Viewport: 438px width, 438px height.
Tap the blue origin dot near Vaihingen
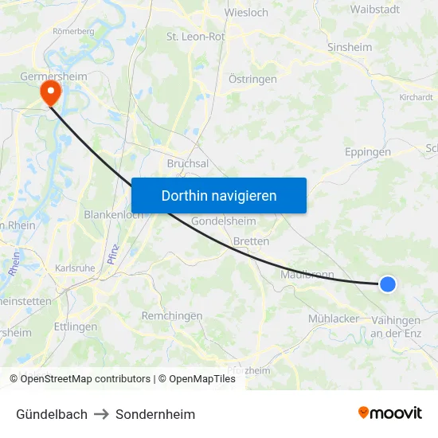[x=387, y=284]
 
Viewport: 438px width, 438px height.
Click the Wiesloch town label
[x=246, y=13]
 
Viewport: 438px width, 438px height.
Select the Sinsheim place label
[x=350, y=47]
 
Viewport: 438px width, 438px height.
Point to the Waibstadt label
[x=375, y=10]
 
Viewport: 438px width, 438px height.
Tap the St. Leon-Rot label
[x=195, y=36]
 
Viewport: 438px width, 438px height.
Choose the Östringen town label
[x=252, y=79]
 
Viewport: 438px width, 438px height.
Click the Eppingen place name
[x=368, y=152]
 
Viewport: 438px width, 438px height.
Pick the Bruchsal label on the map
[x=188, y=163]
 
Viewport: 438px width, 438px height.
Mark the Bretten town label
[x=251, y=241]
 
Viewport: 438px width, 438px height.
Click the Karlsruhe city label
[x=76, y=268]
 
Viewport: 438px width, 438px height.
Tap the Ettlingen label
[x=76, y=327]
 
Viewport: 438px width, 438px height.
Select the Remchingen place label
[x=171, y=316]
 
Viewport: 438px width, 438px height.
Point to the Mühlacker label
[x=334, y=319]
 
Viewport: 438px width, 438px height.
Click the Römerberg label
[x=73, y=31]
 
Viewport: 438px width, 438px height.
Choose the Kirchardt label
[x=416, y=97]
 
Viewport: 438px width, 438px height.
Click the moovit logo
[x=390, y=413]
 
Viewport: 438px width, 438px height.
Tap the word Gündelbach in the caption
[x=52, y=414]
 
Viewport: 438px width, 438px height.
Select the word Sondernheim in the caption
[x=155, y=414]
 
